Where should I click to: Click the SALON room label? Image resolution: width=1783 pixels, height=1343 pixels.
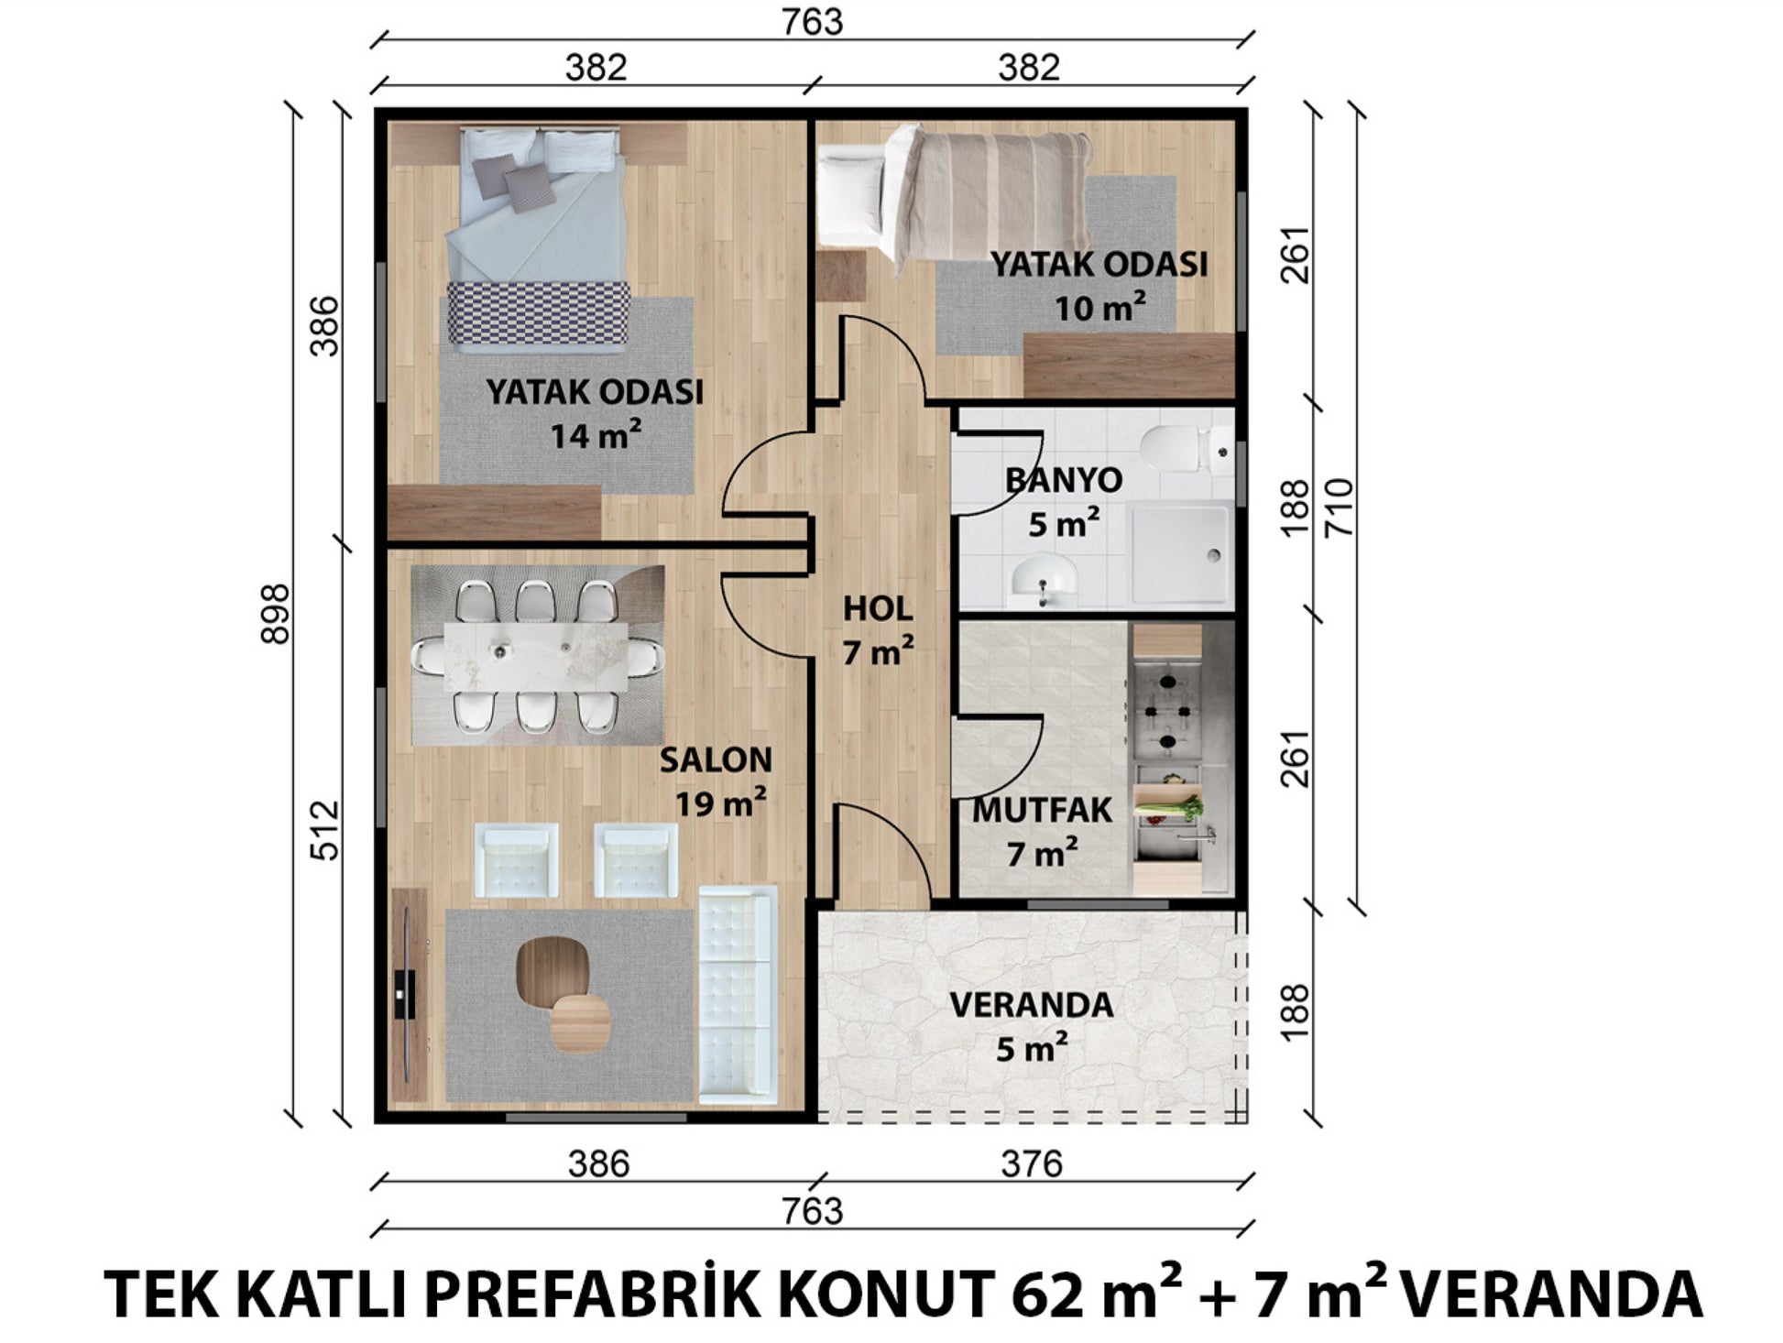pos(716,759)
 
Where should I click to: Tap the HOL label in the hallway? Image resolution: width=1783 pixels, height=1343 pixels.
pos(877,608)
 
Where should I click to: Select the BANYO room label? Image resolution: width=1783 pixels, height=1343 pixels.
pos(1063,480)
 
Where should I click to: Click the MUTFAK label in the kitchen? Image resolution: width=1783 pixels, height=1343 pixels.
pos(1042,811)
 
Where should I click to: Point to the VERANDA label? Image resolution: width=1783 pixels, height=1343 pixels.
pos(1031,1005)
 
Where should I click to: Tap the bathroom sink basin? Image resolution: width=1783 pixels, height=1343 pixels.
pos(1045,580)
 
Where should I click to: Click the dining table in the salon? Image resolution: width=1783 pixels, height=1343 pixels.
pos(535,657)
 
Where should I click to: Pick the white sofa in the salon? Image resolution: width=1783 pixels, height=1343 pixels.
pos(738,994)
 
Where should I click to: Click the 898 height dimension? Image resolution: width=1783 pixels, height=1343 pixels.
pos(275,614)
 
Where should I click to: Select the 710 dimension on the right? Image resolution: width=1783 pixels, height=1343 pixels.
pos(1338,508)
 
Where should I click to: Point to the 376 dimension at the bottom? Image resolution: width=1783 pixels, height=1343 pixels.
pos(1032,1164)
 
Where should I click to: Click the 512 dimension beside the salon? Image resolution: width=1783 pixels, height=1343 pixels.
pos(324,831)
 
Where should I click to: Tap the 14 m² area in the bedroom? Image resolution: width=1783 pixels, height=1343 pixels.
pos(596,435)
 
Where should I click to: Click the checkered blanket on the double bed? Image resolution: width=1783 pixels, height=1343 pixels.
pos(538,312)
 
